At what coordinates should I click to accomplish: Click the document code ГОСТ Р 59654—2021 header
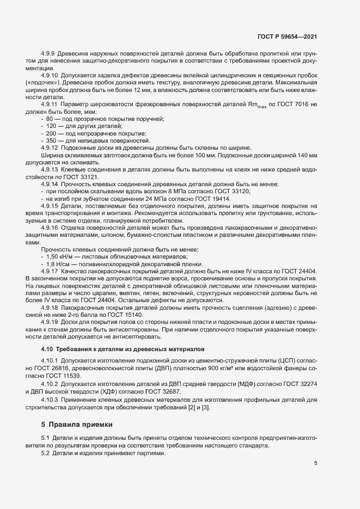(287, 36)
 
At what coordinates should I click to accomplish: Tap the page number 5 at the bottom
(316, 464)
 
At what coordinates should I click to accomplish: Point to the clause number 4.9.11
(51, 104)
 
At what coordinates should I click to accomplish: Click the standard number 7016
(304, 104)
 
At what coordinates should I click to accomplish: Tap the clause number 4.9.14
(51, 185)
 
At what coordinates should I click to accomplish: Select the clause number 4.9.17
(51, 271)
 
